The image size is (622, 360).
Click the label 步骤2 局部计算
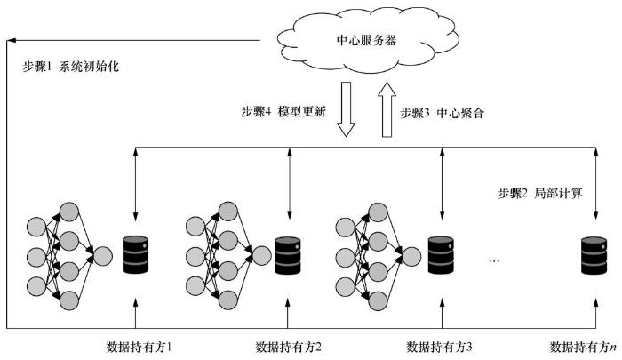click(x=539, y=192)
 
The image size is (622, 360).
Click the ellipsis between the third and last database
click(x=497, y=260)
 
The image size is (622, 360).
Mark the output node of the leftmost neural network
click(x=101, y=258)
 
